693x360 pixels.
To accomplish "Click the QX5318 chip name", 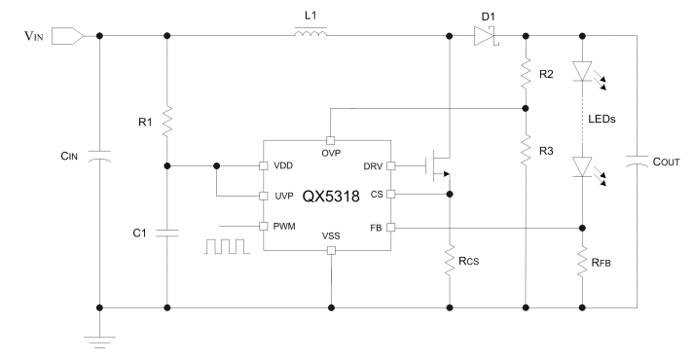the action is [331, 196].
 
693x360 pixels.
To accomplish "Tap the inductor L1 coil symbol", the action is [310, 31].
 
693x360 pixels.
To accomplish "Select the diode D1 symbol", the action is [486, 36].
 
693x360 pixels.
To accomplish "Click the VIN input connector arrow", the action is [67, 36].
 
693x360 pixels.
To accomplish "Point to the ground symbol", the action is [99, 342].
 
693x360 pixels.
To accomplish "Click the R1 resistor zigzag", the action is [167, 122].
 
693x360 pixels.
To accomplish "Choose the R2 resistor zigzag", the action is [526, 73].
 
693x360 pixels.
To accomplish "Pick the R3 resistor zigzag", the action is [526, 151].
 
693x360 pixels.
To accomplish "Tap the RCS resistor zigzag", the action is [450, 261].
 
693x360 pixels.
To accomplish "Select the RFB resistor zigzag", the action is [582, 262].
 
